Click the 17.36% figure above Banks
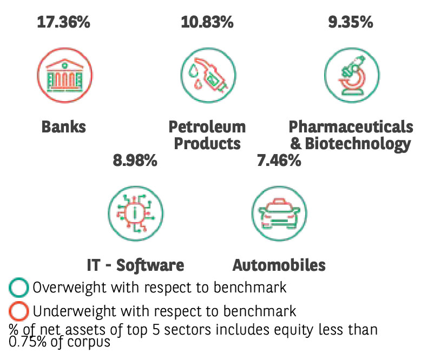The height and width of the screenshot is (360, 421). point(63,23)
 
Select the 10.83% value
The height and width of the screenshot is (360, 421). point(207,23)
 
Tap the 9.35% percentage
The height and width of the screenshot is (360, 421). point(351,23)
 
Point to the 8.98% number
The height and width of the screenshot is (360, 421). point(135,161)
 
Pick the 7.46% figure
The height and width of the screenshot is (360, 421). point(279,161)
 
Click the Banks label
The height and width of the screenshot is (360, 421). point(64,126)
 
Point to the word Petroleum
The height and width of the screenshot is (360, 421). point(207,126)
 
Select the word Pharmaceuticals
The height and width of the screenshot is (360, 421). point(351,126)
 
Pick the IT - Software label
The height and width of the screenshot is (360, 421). point(135,265)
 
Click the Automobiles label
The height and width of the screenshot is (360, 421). point(279,265)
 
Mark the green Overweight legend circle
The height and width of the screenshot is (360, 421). point(19,288)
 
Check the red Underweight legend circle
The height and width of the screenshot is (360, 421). point(19,312)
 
